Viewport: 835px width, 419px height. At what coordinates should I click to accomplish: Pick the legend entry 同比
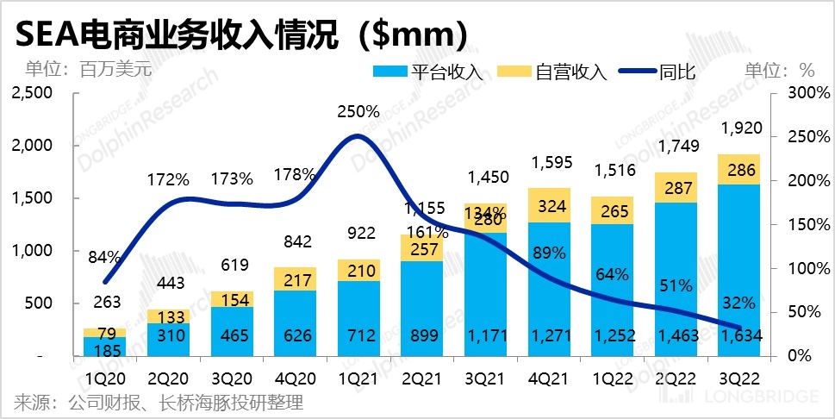677,72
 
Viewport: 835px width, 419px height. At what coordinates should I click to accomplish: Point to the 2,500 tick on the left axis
32,93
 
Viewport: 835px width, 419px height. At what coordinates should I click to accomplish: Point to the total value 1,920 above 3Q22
737,129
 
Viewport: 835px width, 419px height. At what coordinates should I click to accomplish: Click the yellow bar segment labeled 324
545,206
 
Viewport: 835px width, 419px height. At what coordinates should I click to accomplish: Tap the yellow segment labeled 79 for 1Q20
104,332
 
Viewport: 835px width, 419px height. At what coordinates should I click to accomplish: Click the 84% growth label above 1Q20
104,255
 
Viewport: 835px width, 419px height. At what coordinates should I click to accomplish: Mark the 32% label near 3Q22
738,303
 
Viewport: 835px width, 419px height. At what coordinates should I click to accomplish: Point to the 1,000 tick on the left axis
32,251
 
